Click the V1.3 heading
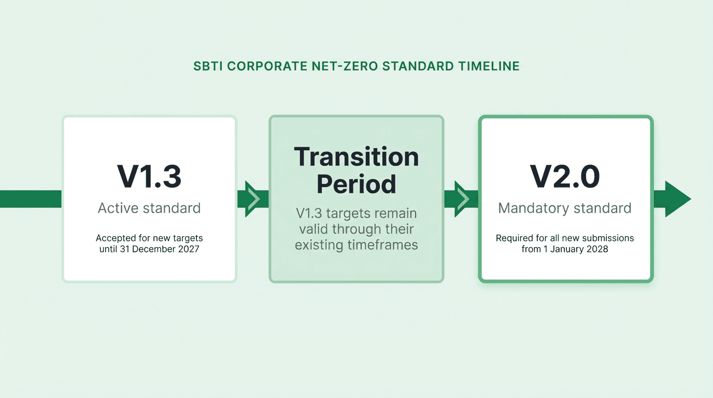click(149, 177)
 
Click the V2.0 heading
click(564, 177)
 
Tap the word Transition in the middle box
click(356, 157)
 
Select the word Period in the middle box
click(356, 184)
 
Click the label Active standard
click(149, 208)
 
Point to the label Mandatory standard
click(564, 208)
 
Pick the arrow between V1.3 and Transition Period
click(253, 199)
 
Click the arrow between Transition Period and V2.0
click(461, 199)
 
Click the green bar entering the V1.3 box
click(31, 199)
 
